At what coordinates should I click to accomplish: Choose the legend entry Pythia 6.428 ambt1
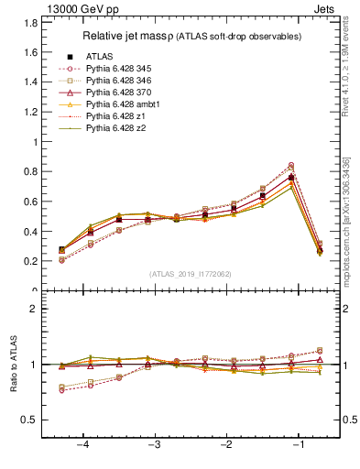128,104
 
